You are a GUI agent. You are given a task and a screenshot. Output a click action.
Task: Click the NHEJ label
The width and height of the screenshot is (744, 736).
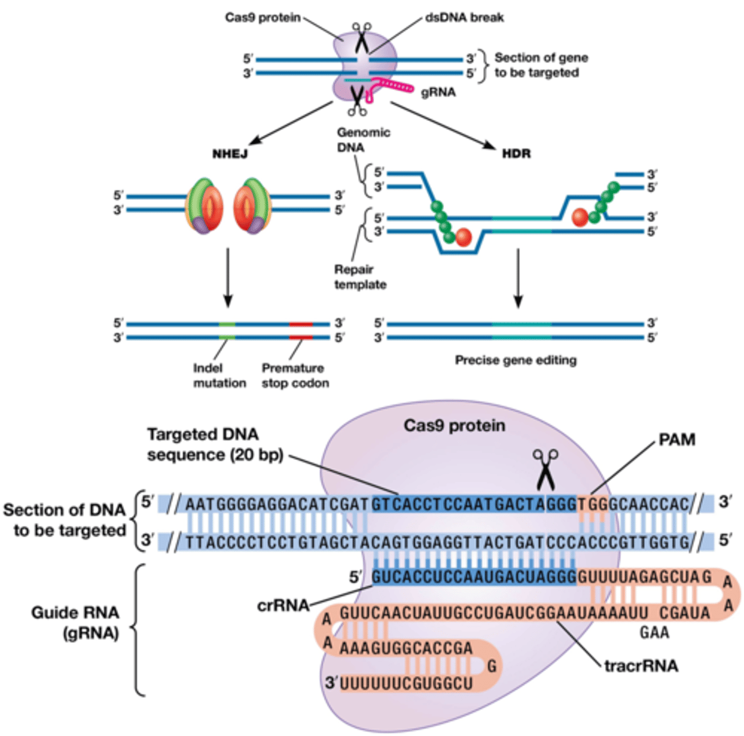pyautogui.click(x=230, y=153)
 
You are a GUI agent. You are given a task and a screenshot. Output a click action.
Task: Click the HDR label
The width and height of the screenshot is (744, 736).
pyautogui.click(x=516, y=153)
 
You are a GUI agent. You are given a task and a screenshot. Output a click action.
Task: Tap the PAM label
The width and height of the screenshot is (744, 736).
pyautogui.click(x=676, y=440)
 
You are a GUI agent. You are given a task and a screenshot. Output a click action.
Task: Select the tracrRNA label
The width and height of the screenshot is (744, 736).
pyautogui.click(x=641, y=665)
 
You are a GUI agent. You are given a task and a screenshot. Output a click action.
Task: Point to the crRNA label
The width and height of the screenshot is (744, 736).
pyautogui.click(x=283, y=605)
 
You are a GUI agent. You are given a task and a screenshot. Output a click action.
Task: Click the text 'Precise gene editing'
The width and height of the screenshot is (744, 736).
pyautogui.click(x=516, y=360)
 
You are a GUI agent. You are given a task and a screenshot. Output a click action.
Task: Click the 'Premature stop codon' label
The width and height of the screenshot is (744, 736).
pyautogui.click(x=295, y=375)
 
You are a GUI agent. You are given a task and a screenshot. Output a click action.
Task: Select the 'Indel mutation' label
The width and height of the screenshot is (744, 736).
pyautogui.click(x=219, y=375)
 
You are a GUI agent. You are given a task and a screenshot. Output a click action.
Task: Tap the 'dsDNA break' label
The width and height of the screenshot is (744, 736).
pyautogui.click(x=464, y=18)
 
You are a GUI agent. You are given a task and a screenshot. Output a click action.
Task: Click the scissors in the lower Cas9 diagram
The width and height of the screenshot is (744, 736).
pyautogui.click(x=545, y=469)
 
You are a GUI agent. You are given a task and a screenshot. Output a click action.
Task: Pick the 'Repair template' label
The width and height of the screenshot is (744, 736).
pyautogui.click(x=360, y=277)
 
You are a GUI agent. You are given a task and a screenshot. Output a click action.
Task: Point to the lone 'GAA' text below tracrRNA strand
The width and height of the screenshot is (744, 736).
pyautogui.click(x=654, y=632)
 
